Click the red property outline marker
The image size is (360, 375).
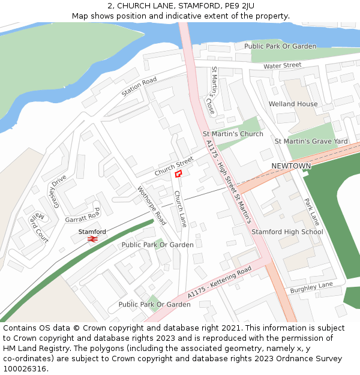pos(178,173)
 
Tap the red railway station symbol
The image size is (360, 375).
pos(92,239)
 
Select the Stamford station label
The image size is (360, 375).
pos(92,232)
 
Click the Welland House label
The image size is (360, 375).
pos(293,104)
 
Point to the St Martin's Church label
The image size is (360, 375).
pos(233,134)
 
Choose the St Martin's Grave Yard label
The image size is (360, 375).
pos(311,141)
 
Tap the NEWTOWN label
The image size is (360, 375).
pos(291,166)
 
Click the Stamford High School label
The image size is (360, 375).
pos(287,232)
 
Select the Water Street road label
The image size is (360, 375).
pos(282,65)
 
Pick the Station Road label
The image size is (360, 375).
pos(139,87)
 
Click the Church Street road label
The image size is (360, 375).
pos(174,166)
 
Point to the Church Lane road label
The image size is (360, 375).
pos(180,209)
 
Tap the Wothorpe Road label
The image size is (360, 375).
pos(152,205)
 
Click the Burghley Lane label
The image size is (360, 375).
pos(311,287)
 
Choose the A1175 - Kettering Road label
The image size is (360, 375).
pos(219,283)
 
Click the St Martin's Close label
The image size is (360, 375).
pos(209,91)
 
